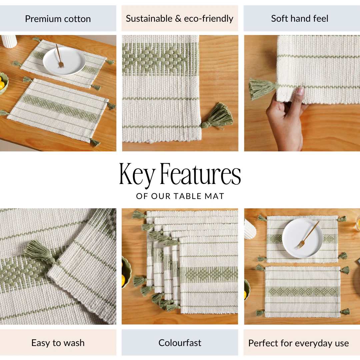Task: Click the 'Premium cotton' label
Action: [58, 19]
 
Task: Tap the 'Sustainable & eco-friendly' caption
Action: [180, 18]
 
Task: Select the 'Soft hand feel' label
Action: [300, 18]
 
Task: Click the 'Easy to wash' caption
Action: [58, 343]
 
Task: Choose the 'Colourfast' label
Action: [180, 343]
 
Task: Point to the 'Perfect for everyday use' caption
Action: [298, 343]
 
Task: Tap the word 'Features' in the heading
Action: [200, 173]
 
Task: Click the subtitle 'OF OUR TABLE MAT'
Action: [180, 196]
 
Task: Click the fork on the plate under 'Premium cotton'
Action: [59, 56]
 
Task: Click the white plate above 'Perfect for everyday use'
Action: [302, 238]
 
